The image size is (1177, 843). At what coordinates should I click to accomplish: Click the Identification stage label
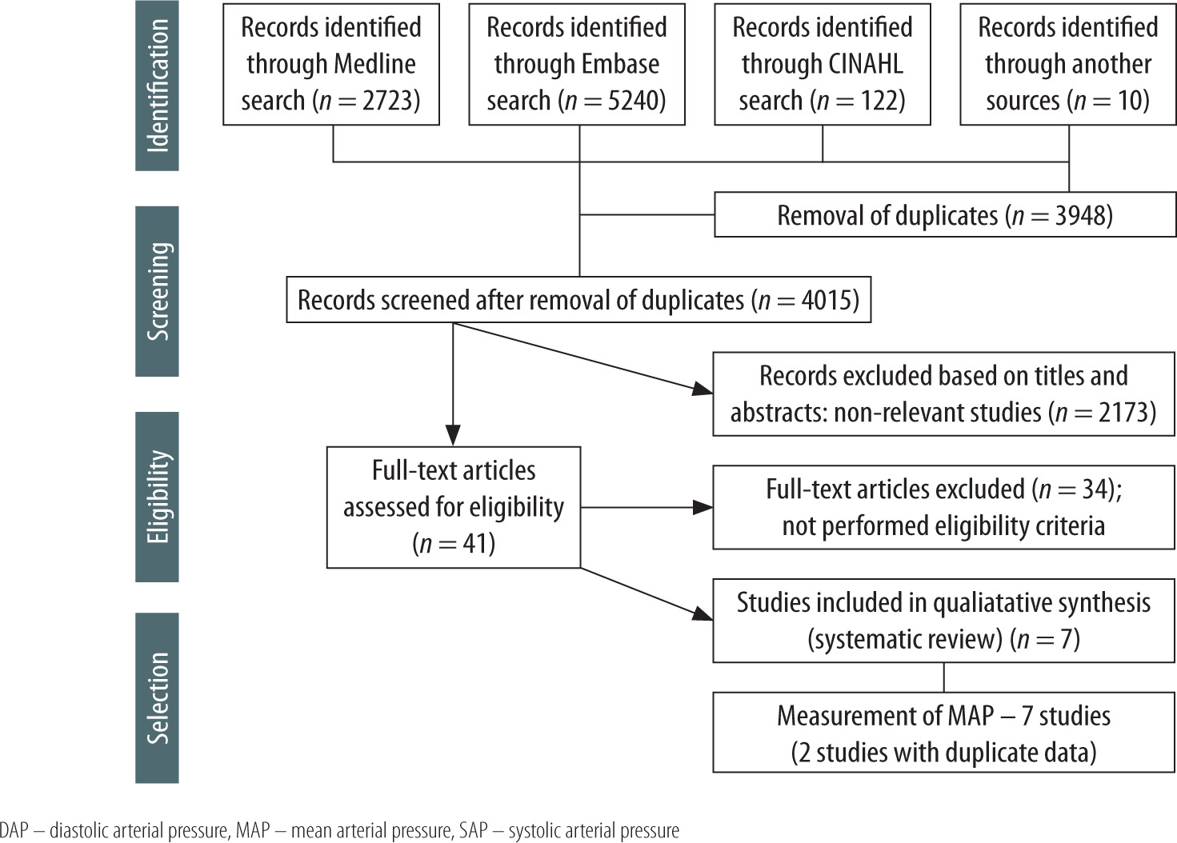tap(157, 86)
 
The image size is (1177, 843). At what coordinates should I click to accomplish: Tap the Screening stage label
tap(157, 291)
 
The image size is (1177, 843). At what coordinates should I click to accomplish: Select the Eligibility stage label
tap(157, 497)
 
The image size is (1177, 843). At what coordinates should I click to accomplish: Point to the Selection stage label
tap(157, 697)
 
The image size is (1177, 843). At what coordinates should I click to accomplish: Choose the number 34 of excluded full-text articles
tap(1094, 489)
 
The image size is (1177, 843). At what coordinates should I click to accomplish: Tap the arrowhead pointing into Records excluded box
tap(703, 390)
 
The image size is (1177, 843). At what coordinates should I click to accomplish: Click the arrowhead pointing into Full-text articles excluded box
tap(703, 507)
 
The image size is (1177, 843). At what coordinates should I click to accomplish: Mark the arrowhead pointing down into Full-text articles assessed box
tap(453, 435)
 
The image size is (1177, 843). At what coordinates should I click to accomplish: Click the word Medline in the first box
tap(374, 64)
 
